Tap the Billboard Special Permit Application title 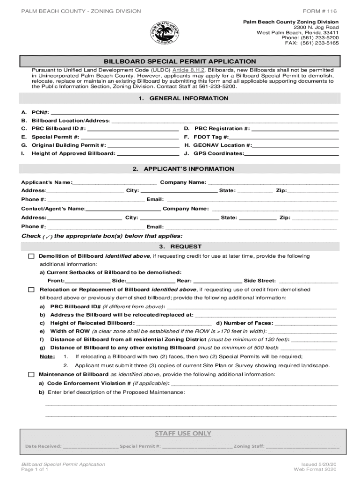pos(180,61)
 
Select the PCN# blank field pos(194,113)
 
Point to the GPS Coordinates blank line pos(292,153)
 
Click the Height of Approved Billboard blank pos(148,153)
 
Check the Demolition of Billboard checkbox pos(31,256)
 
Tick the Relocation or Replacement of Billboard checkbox pos(31,290)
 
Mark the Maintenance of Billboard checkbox pos(31,375)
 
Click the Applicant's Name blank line pos(115,182)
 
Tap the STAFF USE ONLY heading pos(183,433)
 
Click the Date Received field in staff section pos(90,446)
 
